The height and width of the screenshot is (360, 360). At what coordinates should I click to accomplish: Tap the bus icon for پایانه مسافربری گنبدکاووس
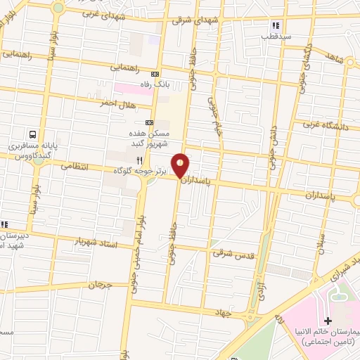tap(33, 134)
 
